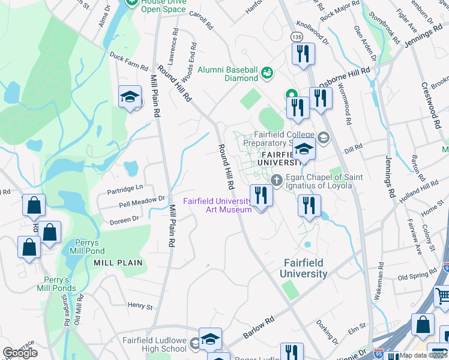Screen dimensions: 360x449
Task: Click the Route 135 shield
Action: point(297,37)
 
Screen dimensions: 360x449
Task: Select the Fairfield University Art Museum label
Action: point(217,205)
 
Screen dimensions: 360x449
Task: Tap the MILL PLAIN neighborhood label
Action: point(118,263)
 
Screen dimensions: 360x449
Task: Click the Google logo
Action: point(20,353)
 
